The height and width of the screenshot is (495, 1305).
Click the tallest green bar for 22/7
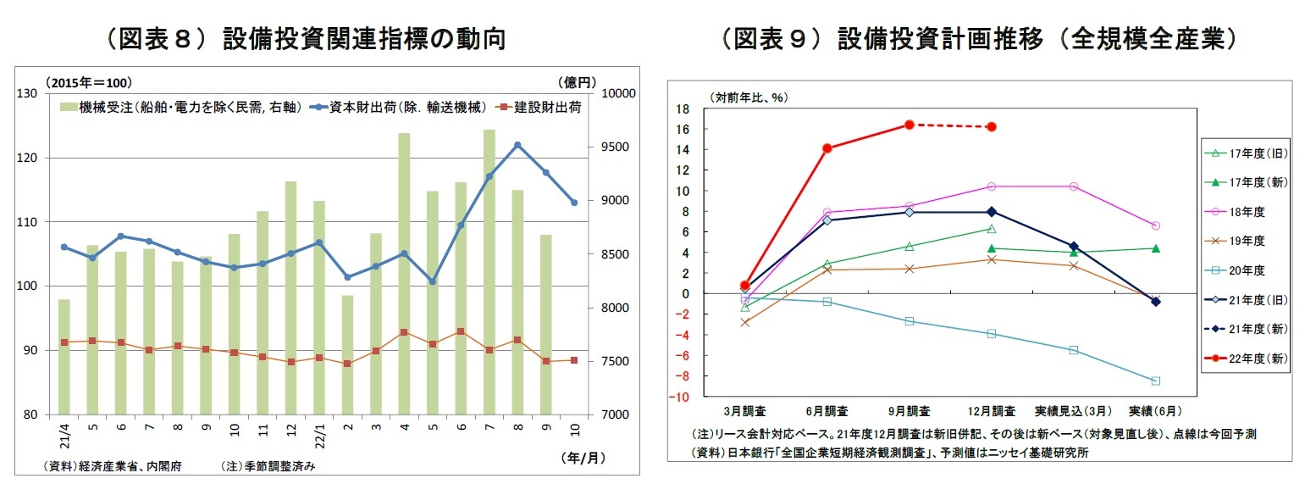click(x=489, y=271)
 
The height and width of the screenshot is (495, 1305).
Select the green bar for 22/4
click(x=404, y=273)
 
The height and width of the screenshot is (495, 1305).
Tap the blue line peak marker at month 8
click(x=517, y=145)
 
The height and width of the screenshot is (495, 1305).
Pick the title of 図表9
click(x=978, y=39)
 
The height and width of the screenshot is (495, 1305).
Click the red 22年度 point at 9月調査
click(x=909, y=125)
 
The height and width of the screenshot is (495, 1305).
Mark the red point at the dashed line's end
click(x=992, y=127)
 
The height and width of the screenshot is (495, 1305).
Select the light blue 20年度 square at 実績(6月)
click(x=1156, y=381)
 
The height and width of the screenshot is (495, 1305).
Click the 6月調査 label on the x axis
click(x=827, y=410)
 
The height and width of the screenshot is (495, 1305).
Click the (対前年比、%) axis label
click(x=751, y=97)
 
